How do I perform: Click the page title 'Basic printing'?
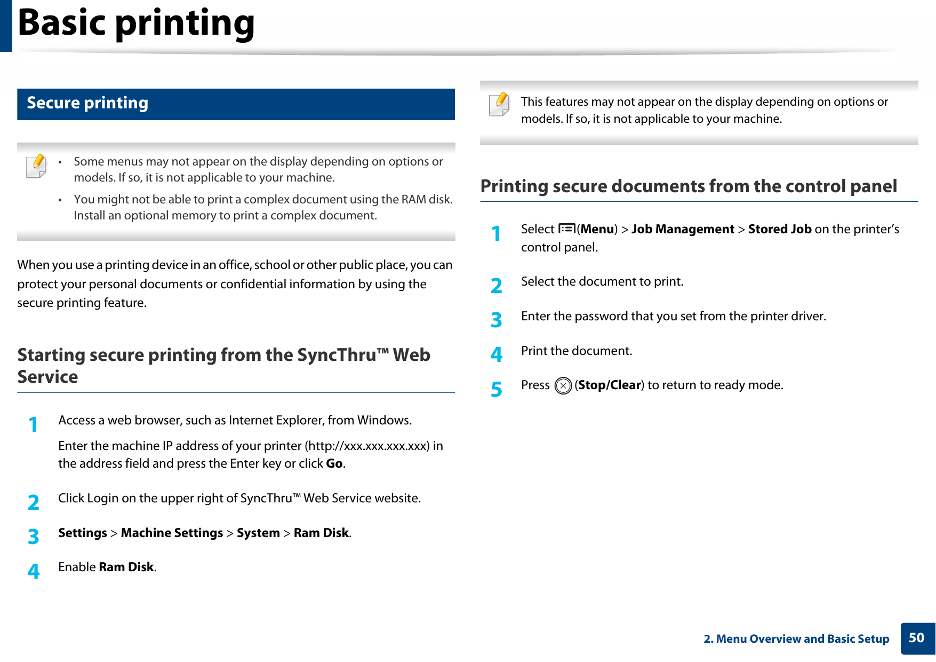tap(136, 23)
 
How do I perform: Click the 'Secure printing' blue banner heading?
tap(87, 103)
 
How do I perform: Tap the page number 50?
tap(916, 638)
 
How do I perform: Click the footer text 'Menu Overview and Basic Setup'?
tap(802, 639)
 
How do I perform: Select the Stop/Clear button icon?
tap(563, 385)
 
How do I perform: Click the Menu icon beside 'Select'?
tap(566, 229)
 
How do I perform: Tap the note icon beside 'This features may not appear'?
tap(499, 104)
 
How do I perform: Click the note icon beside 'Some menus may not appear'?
tap(36, 165)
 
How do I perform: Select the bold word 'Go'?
tap(334, 463)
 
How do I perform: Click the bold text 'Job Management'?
tap(683, 230)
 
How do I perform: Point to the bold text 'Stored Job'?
tap(779, 230)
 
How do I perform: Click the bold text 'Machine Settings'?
tap(172, 533)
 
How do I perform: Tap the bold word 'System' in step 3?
tap(258, 533)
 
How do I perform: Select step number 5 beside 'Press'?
tap(497, 389)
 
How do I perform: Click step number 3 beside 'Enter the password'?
tap(497, 320)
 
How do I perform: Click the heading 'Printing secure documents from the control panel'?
tap(689, 186)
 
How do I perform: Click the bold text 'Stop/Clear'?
tap(609, 385)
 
